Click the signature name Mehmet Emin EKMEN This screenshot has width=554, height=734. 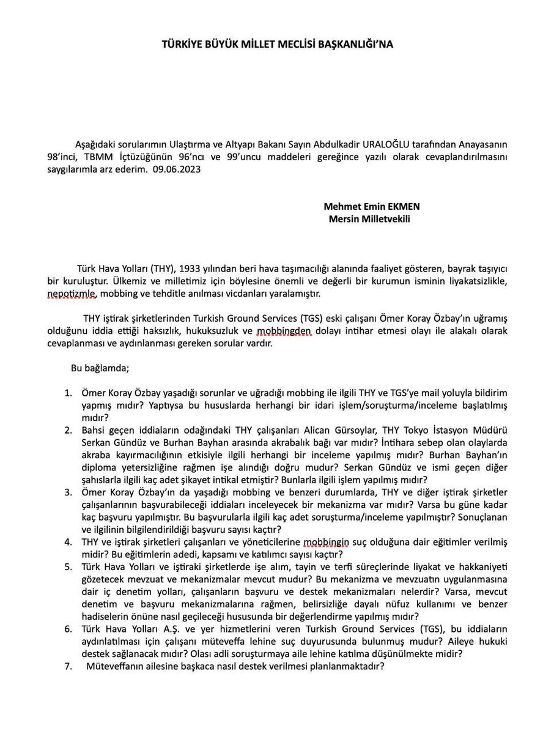(372, 207)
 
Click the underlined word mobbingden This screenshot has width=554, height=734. (284, 331)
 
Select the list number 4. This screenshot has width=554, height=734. (68, 542)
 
